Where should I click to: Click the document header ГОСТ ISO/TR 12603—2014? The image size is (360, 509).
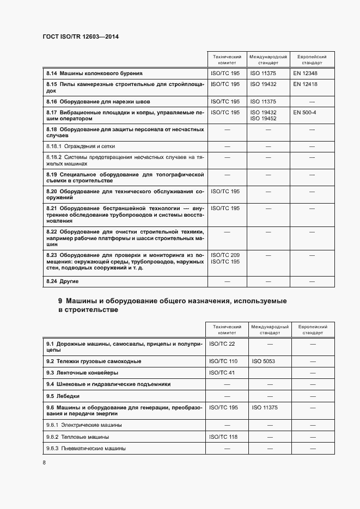[81, 36]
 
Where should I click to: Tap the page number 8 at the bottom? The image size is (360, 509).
[44, 463]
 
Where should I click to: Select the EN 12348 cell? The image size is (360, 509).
[305, 73]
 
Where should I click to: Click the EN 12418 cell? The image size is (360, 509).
[305, 84]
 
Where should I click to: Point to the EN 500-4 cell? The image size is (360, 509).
[304, 112]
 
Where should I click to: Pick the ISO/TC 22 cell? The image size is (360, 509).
[222, 344]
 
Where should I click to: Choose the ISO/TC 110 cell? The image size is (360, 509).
[223, 361]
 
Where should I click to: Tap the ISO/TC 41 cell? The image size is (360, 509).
[222, 373]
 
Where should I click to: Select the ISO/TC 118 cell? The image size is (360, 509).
[223, 437]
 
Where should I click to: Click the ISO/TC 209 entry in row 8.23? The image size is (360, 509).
[224, 255]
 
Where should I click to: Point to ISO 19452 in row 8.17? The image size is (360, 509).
[263, 118]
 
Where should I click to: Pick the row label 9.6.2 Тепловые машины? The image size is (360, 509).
[77, 437]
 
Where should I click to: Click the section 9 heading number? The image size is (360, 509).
[60, 301]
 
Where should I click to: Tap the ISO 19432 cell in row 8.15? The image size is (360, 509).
[263, 84]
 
